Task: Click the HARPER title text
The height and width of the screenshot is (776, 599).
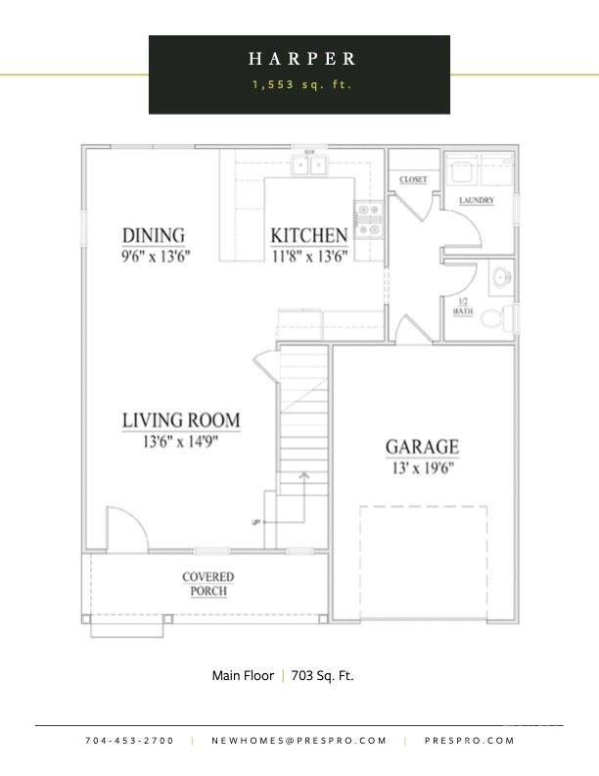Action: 300,60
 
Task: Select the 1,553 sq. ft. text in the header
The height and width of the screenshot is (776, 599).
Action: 300,85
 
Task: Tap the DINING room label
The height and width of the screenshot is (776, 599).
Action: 153,235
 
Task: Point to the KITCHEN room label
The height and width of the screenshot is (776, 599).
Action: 308,235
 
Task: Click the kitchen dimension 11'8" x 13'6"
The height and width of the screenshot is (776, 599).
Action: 308,255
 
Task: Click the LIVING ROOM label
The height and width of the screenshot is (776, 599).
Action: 181,420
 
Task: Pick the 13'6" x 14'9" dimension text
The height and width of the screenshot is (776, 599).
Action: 181,441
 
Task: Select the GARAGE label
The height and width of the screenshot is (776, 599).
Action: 421,448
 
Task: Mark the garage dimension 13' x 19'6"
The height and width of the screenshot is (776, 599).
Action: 421,467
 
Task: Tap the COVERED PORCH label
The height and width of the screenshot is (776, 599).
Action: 207,584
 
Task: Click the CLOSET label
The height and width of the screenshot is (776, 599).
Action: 413,180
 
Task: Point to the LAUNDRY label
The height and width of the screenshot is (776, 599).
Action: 476,201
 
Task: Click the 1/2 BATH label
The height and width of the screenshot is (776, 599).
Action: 462,306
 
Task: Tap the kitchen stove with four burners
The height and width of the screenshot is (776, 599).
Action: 368,219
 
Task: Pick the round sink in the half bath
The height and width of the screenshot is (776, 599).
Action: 501,277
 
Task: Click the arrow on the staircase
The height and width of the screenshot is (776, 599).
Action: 304,478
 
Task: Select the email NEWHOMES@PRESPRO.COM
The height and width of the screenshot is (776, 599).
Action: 299,741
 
